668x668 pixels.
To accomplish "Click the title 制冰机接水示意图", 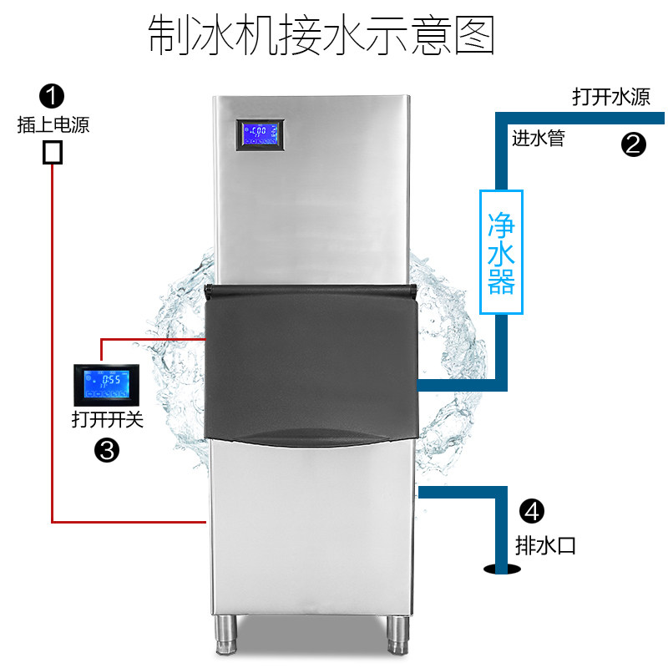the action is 321,34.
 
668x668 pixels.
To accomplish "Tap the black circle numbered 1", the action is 53,95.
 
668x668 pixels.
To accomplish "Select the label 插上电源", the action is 53,125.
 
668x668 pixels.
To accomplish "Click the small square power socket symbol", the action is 53,151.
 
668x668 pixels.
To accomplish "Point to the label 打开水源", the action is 610,97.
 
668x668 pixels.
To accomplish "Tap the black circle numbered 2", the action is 633,144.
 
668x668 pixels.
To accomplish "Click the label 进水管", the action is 538,139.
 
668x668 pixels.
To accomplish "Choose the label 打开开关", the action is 108,419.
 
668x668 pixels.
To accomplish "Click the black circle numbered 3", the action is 107,451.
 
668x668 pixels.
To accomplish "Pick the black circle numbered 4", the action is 532,510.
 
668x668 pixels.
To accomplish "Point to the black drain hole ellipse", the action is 501,569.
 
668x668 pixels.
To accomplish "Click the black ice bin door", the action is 311,359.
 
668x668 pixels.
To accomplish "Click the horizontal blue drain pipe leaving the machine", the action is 459,493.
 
